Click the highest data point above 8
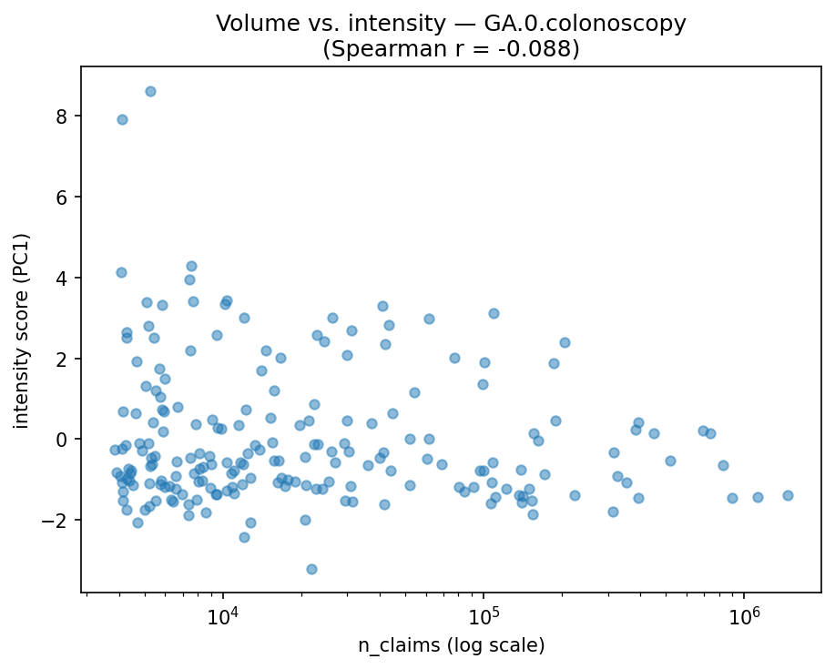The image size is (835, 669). click(x=150, y=91)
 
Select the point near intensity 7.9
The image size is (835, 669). click(x=122, y=119)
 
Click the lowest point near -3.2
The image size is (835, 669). click(x=311, y=569)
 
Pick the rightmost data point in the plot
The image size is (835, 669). click(x=788, y=495)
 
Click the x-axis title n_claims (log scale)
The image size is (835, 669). click(x=451, y=646)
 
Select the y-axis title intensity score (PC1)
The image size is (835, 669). click(x=21, y=329)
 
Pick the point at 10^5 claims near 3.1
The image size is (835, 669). click(x=494, y=313)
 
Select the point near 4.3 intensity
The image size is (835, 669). click(x=191, y=266)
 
